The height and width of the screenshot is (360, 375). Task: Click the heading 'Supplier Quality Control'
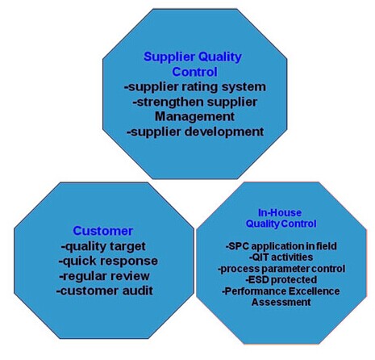(193, 65)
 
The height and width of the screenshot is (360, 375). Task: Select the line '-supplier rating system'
(195, 87)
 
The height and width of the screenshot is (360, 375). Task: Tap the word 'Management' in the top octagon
(194, 116)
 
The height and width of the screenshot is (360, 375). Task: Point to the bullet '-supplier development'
(195, 132)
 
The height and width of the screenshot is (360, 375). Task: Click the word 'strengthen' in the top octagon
(170, 103)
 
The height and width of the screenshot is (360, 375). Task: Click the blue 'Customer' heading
(103, 231)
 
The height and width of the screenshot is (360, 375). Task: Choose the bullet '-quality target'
(103, 246)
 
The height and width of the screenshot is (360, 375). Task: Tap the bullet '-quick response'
(108, 262)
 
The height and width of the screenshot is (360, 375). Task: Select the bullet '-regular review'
(104, 276)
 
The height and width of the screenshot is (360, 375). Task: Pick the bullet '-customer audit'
(105, 291)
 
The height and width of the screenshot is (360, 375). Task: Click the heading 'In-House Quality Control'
(281, 218)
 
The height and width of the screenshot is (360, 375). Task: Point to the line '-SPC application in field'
(281, 246)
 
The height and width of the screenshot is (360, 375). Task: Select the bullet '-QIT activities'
(281, 257)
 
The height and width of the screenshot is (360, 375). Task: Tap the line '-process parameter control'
(281, 269)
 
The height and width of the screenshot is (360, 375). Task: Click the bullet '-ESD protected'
(281, 280)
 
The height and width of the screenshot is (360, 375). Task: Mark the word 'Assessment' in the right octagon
(281, 302)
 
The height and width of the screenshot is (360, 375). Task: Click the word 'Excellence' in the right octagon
(314, 291)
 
